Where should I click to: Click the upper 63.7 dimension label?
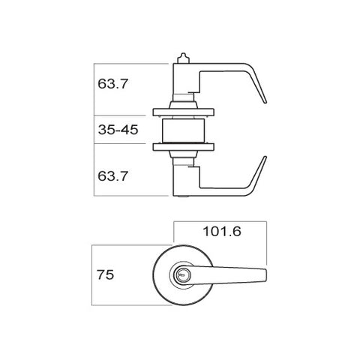pyautogui.click(x=113, y=84)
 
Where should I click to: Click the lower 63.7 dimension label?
pyautogui.click(x=113, y=177)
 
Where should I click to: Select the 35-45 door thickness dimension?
pyautogui.click(x=118, y=130)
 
